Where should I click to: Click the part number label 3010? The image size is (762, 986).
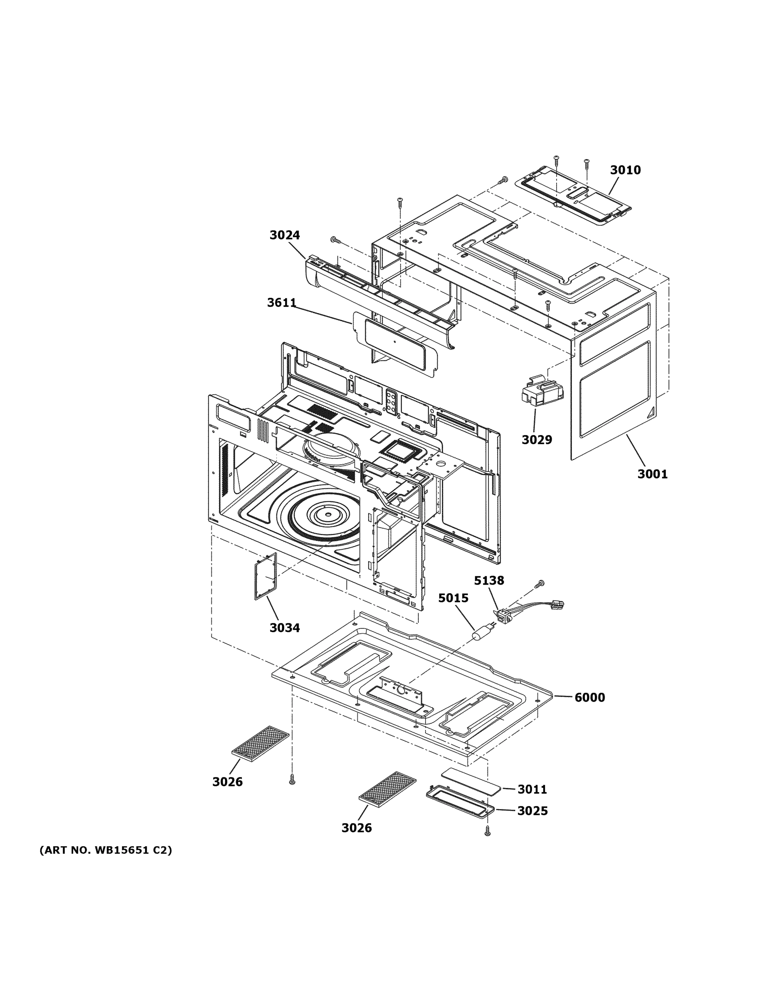coord(625,170)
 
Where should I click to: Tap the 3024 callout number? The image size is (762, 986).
coord(284,235)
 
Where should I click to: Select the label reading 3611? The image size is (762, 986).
coord(281,303)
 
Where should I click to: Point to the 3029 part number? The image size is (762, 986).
coord(536,439)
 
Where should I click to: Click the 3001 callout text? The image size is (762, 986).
coord(652,474)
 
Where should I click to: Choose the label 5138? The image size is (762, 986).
coord(488,581)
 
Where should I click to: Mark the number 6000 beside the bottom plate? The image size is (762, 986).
coord(589,698)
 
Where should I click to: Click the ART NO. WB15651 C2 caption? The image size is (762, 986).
coord(106,850)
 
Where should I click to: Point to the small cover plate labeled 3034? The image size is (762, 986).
coord(265,576)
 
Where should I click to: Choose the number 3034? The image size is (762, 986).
coord(284,627)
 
